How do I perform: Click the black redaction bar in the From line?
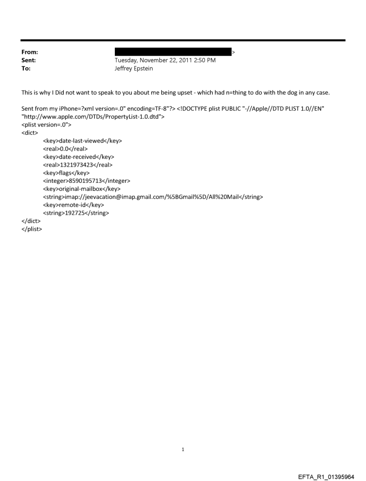pos(173,52)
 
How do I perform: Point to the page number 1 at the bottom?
pos(183,449)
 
